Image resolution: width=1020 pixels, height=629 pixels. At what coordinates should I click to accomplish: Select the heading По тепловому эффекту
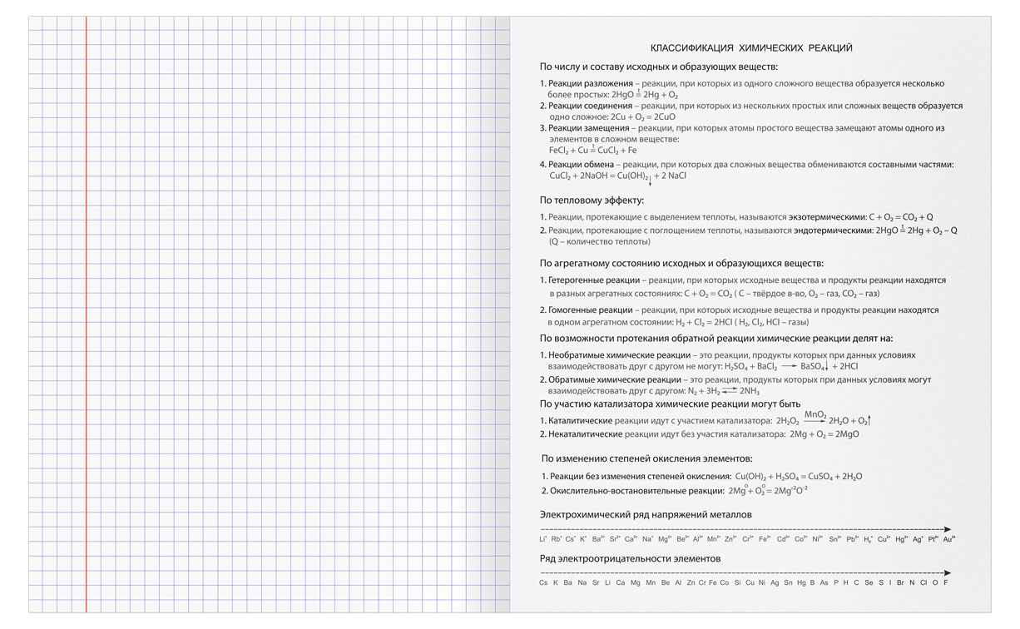592,200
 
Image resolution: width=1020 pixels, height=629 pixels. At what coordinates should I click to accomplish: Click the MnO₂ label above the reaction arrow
815,414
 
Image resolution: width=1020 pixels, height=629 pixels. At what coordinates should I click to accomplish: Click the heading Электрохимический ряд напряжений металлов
646,515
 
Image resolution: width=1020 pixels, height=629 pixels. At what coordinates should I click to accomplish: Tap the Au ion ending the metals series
948,540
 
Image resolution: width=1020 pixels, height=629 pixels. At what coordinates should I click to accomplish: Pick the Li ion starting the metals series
542,540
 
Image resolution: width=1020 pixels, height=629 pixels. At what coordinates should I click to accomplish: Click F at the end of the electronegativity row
946,582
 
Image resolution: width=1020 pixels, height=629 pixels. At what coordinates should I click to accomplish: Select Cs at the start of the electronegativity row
543,582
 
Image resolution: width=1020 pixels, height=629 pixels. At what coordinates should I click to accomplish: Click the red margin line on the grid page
85,316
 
